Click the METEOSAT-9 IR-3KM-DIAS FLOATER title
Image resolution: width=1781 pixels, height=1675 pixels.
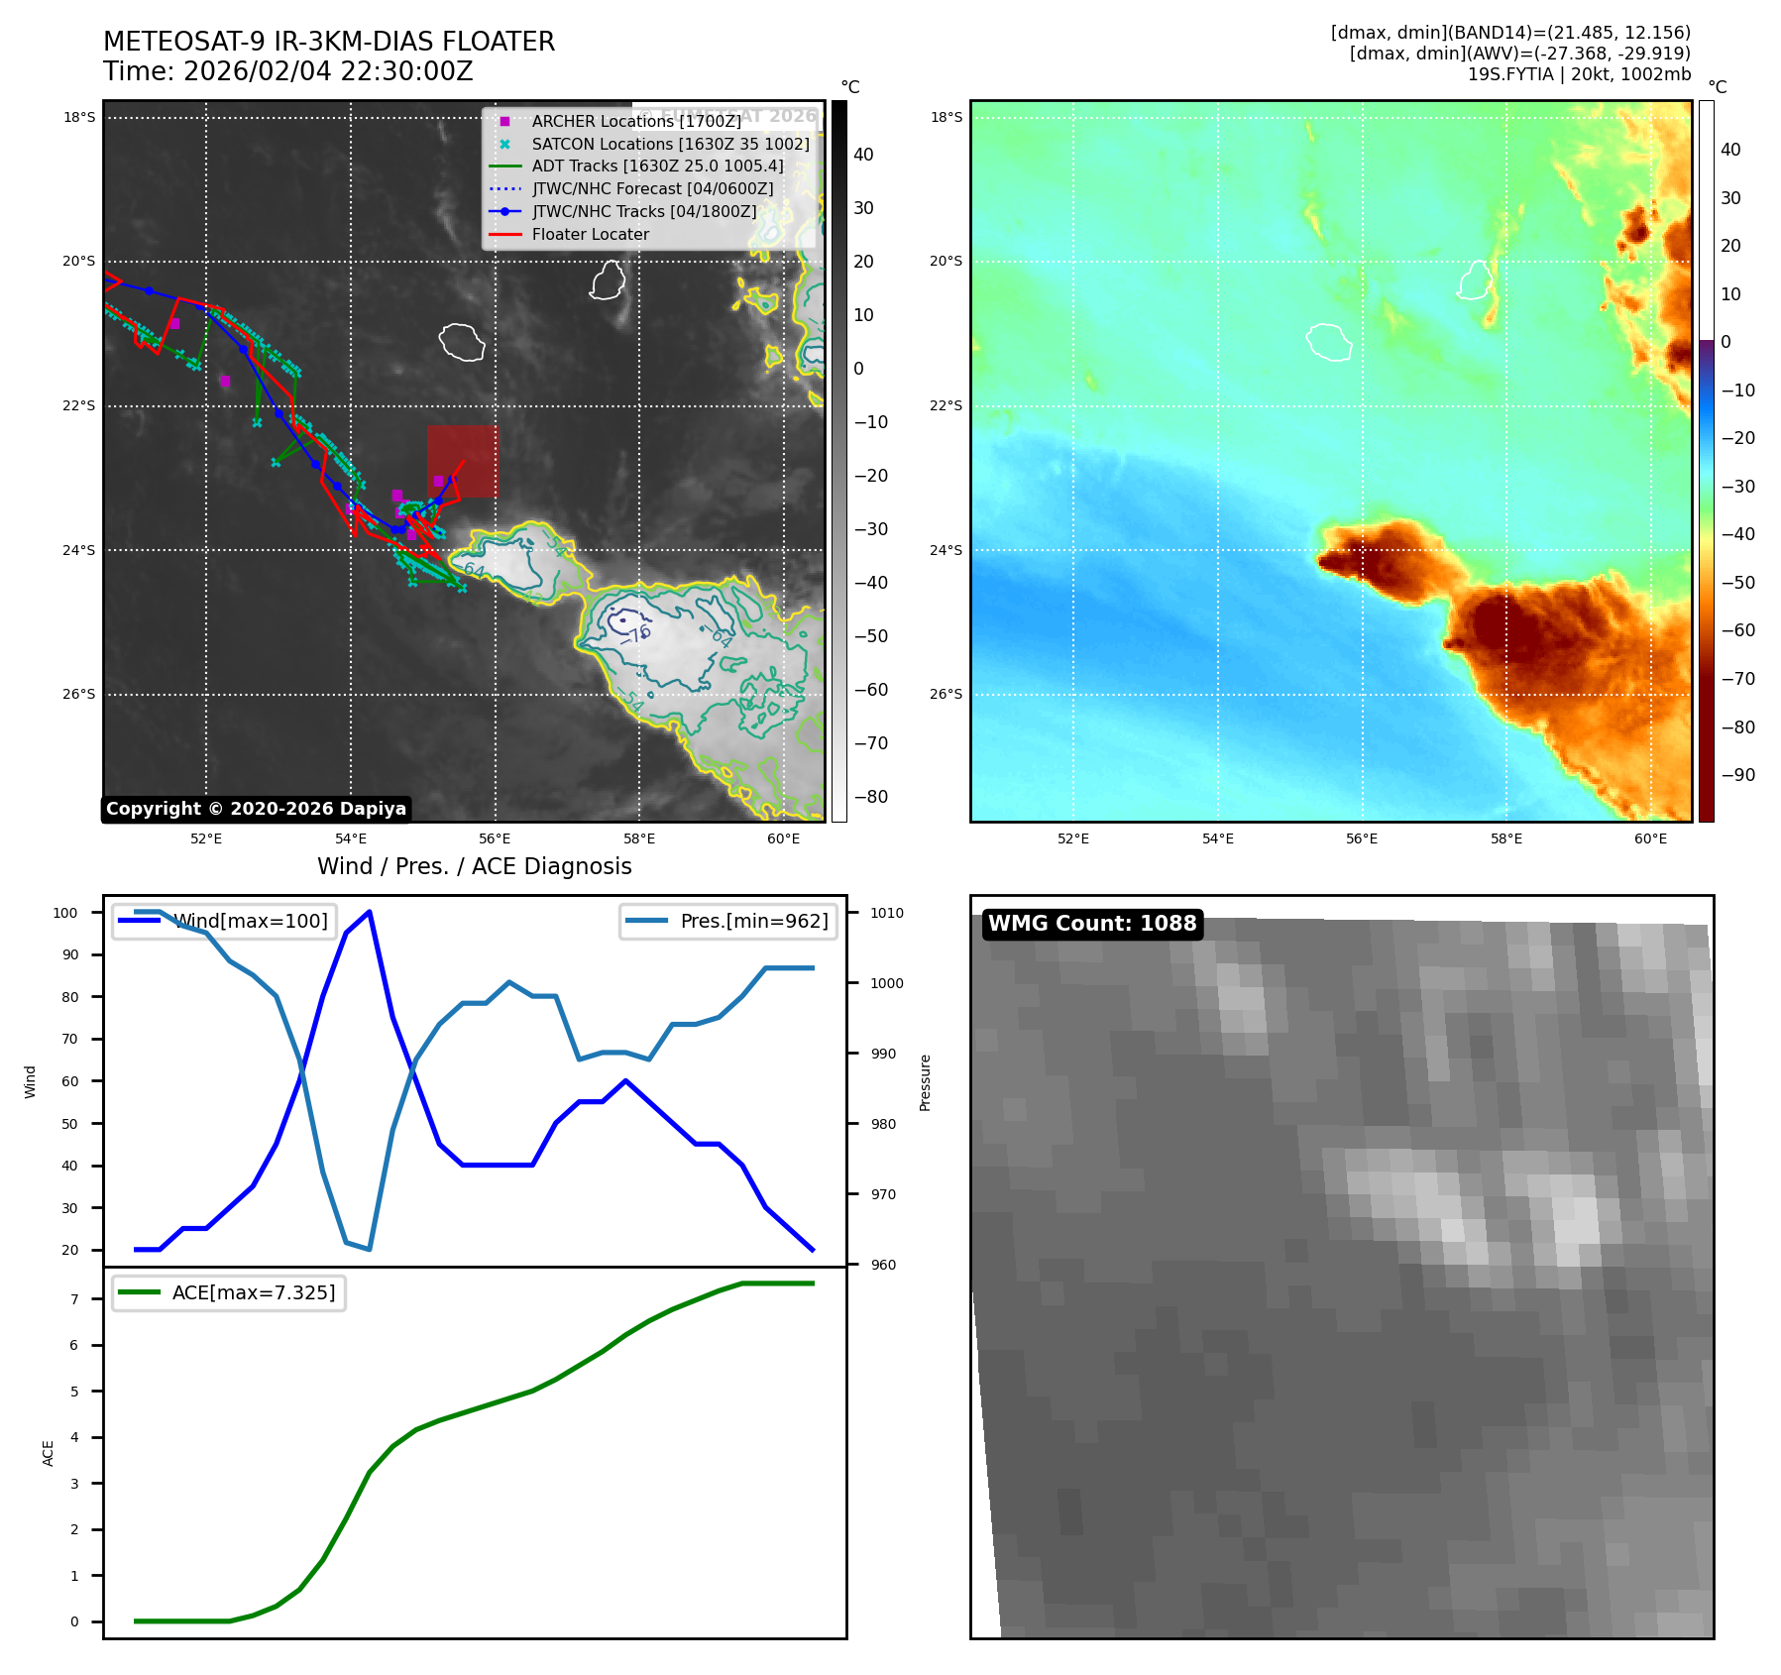pyautogui.click(x=329, y=42)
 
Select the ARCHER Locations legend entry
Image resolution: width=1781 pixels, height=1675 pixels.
pyautogui.click(x=635, y=121)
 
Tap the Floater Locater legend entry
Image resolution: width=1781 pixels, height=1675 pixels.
pyautogui.click(x=590, y=234)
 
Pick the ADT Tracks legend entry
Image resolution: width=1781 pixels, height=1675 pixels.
pyautogui.click(x=657, y=166)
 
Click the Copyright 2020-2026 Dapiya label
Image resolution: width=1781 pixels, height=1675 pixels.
pyautogui.click(x=256, y=809)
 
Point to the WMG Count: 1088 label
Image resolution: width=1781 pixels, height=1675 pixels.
pyautogui.click(x=1092, y=924)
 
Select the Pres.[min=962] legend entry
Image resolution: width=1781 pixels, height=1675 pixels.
pyautogui.click(x=753, y=921)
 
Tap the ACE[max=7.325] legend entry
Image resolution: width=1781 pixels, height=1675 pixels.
pyautogui.click(x=253, y=1292)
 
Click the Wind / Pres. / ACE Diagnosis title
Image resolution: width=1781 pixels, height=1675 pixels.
pyautogui.click(x=474, y=866)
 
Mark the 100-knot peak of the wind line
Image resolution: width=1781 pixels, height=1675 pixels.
pyautogui.click(x=369, y=912)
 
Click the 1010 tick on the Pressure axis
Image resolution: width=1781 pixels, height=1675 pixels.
pyautogui.click(x=887, y=913)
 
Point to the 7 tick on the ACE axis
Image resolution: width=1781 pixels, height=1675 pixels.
pyautogui.click(x=74, y=1299)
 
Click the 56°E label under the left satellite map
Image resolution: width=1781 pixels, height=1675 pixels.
pyautogui.click(x=495, y=838)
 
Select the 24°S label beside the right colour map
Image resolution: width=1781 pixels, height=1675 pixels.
pyautogui.click(x=946, y=550)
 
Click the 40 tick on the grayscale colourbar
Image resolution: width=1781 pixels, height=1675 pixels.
pyautogui.click(x=863, y=155)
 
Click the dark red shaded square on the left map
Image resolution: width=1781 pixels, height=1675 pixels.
pyautogui.click(x=463, y=461)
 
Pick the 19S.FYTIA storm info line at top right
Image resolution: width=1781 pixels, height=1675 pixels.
pyautogui.click(x=1579, y=74)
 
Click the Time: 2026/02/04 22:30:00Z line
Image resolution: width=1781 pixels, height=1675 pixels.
pyautogui.click(x=287, y=71)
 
